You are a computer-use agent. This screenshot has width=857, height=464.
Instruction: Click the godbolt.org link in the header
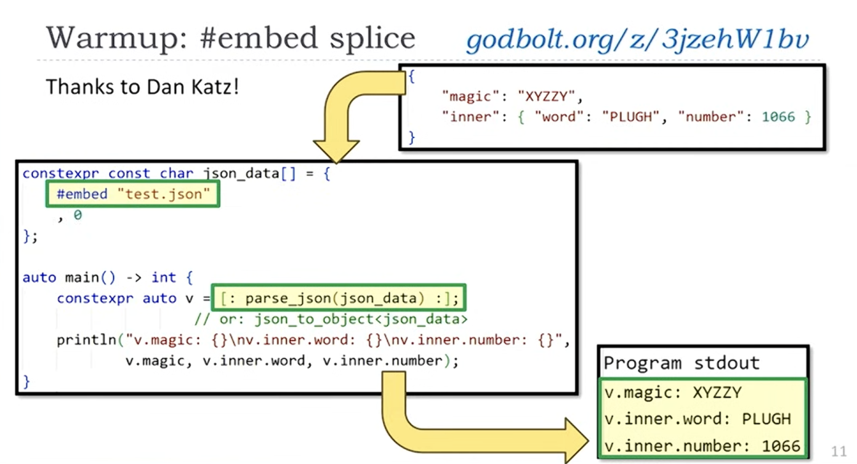click(x=637, y=40)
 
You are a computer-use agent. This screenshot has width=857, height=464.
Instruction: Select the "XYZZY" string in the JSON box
click(x=546, y=96)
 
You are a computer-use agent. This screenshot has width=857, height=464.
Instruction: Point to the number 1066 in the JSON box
click(x=779, y=117)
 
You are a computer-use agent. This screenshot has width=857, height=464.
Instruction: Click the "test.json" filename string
click(x=164, y=194)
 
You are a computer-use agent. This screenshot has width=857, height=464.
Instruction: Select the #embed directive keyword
click(x=82, y=194)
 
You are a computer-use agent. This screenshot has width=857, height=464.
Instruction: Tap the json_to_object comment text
click(x=331, y=319)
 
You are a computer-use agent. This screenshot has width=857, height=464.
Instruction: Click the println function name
click(x=86, y=340)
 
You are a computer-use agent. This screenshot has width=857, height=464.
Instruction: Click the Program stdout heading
click(x=682, y=362)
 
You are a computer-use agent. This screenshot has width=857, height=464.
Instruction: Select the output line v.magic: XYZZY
click(x=673, y=393)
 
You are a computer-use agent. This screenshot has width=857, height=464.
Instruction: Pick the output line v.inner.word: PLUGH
click(x=698, y=419)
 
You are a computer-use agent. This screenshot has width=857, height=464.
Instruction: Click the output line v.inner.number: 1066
click(x=702, y=446)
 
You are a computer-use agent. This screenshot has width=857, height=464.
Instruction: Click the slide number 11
click(x=839, y=451)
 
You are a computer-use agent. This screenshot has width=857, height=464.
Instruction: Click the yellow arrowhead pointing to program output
click(x=576, y=441)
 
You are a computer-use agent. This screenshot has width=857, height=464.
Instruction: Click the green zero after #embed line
click(x=78, y=215)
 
